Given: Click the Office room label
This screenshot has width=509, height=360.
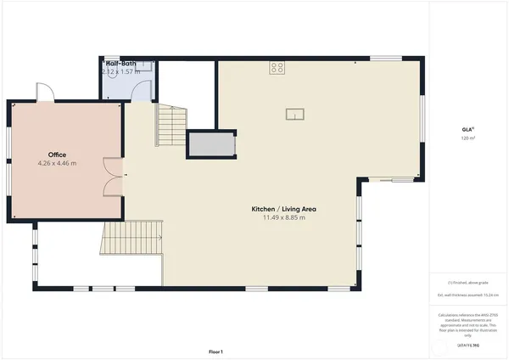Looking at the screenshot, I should (57, 155).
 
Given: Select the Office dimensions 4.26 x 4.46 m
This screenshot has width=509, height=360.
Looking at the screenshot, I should (57, 163).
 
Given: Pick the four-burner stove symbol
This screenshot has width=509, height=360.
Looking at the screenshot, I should (277, 68).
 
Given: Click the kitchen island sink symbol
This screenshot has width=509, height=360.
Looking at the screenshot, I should (295, 115).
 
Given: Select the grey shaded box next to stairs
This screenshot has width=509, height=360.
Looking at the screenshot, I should (210, 144).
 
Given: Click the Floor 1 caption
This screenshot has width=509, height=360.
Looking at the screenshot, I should (216, 350).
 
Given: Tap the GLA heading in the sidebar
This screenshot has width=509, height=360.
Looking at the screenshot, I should (467, 129).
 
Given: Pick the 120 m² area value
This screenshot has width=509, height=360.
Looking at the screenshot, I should (467, 138).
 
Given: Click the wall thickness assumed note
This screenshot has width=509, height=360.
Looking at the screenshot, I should (467, 295).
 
